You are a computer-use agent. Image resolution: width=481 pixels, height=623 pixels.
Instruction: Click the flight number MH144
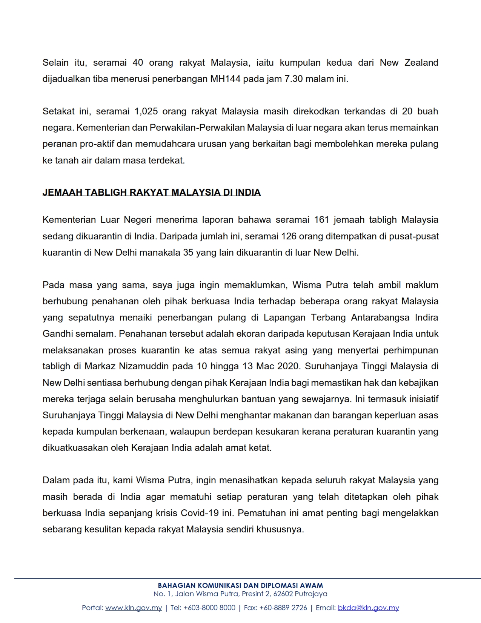[225, 79]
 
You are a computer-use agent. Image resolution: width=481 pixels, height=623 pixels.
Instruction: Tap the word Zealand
[421, 63]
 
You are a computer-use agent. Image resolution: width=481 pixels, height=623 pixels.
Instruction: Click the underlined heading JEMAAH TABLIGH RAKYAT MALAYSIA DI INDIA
[152, 193]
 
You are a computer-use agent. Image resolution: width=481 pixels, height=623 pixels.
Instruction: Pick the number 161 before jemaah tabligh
[321, 220]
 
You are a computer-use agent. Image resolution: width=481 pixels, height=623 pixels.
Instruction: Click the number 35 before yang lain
[188, 253]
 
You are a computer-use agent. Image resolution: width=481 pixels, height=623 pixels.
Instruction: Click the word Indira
[426, 318]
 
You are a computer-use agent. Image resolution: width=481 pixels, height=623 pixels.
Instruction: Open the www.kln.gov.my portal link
[134, 608]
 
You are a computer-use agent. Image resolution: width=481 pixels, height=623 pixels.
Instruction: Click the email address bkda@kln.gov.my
[368, 608]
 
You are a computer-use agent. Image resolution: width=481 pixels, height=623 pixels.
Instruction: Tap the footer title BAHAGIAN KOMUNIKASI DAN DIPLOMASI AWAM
[240, 586]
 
